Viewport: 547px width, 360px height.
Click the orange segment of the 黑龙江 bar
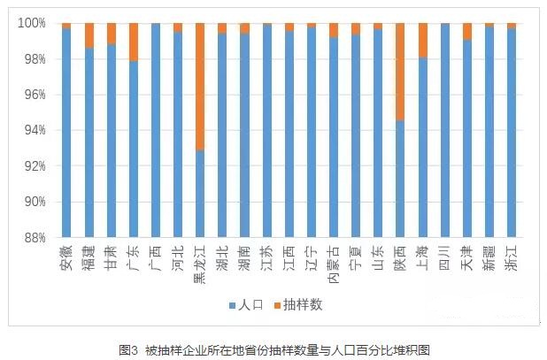[199, 86]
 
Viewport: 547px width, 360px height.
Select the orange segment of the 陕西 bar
[399, 72]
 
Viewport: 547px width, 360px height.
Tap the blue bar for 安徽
[66, 133]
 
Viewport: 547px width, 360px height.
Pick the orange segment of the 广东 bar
[133, 42]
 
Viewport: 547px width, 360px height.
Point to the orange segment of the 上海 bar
[421, 40]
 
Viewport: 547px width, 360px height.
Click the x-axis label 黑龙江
[199, 262]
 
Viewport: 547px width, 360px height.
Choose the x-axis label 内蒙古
[333, 262]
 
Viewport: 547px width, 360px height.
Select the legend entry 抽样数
[298, 305]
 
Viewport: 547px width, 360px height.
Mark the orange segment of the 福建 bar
[89, 34]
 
